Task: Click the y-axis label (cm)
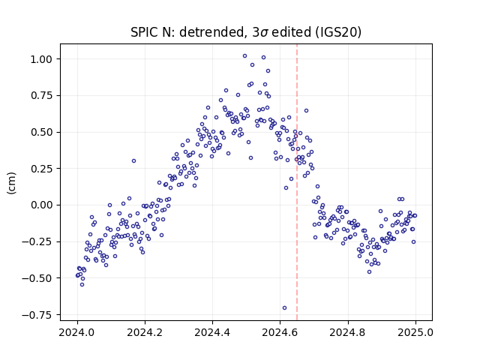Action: (12, 183)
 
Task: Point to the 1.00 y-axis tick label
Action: (41, 59)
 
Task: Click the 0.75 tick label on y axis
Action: (41, 95)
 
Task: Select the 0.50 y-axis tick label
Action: (41, 132)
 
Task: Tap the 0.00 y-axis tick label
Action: (41, 205)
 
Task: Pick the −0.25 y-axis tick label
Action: (37, 241)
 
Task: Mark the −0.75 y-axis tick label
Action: (37, 315)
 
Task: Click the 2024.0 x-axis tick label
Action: (77, 332)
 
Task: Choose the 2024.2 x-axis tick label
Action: (145, 332)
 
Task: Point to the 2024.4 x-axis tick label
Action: (212, 332)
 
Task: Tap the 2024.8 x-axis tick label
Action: (348, 332)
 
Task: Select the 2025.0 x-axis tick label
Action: (415, 332)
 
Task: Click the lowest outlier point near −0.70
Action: (284, 308)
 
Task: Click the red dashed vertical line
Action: (297, 182)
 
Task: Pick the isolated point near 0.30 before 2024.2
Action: (133, 160)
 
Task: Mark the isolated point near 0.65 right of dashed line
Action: (306, 110)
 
